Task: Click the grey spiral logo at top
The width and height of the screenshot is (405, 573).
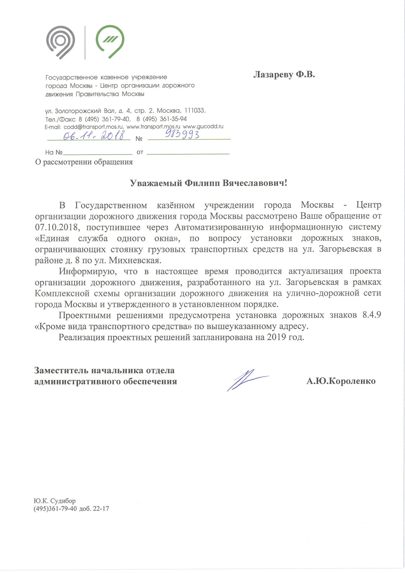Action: pos(61,42)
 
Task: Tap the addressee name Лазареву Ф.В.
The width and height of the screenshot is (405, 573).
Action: pos(284,74)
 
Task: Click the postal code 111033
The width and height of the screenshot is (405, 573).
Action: pos(195,111)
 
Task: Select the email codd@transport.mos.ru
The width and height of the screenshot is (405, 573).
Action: pos(94,127)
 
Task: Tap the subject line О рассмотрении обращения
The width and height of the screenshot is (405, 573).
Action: pos(84,162)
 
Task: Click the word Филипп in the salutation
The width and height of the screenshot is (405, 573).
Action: pos(203,183)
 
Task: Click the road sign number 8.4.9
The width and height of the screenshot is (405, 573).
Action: pos(371,315)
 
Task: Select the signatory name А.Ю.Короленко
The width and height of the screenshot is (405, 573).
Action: pos(341,381)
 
